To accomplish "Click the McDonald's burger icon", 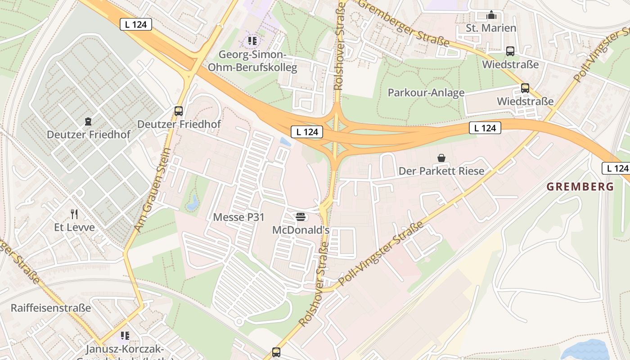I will click(x=301, y=217).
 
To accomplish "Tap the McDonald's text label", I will click(x=301, y=230).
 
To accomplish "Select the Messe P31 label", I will click(x=238, y=217).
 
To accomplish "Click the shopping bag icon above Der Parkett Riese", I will click(x=441, y=158).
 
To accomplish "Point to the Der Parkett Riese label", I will click(x=441, y=171).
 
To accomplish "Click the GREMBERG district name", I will click(x=580, y=187).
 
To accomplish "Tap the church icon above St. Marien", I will click(x=491, y=15).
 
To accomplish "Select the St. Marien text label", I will click(x=491, y=28).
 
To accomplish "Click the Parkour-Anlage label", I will click(x=426, y=93).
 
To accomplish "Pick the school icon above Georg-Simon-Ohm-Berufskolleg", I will click(x=252, y=41).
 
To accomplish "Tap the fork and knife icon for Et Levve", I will click(x=74, y=214).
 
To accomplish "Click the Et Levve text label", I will click(x=74, y=227).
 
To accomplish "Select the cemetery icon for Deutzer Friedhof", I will click(x=88, y=121).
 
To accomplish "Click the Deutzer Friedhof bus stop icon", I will click(x=179, y=111).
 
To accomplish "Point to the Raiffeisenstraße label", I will click(x=51, y=308).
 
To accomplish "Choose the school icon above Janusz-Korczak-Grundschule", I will click(x=125, y=335).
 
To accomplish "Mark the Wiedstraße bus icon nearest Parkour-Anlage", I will click(x=525, y=88).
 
